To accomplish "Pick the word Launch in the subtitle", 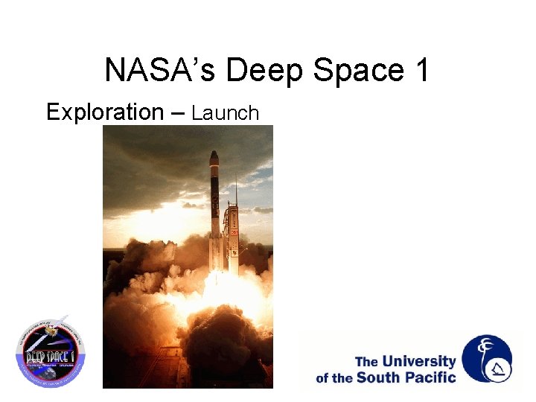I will [225, 113].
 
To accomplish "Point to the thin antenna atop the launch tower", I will [235, 186].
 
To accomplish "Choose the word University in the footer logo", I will [418, 362].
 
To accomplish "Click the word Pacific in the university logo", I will [427, 377].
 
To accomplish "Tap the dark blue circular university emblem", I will [487, 358].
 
